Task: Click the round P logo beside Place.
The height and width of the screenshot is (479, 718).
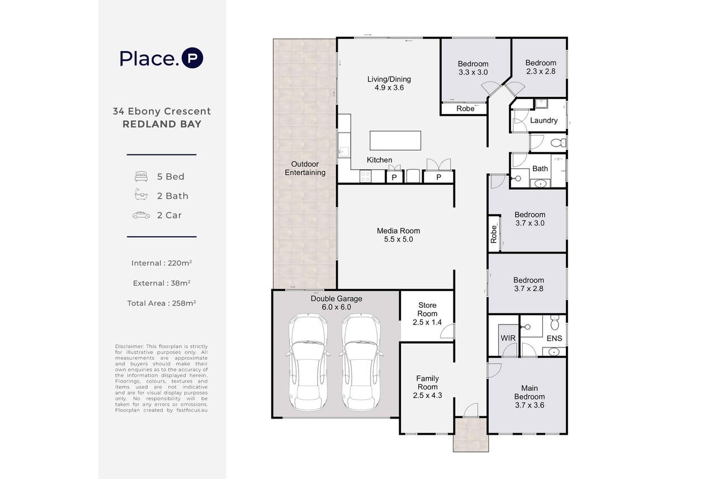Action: point(192,58)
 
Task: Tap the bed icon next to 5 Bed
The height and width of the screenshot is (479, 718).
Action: point(141,176)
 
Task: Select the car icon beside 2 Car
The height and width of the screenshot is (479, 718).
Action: point(141,215)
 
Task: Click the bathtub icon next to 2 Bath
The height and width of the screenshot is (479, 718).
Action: point(141,194)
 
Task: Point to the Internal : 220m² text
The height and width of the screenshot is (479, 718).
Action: point(162,263)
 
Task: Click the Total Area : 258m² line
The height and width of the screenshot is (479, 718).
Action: point(162,303)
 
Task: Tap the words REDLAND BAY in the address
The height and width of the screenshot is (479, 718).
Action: point(162,124)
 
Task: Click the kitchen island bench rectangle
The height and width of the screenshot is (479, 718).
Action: point(395,140)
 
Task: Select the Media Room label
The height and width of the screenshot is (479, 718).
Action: point(399,235)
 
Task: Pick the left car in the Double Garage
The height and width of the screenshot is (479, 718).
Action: point(308,362)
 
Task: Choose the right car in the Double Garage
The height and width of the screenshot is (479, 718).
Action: point(361,362)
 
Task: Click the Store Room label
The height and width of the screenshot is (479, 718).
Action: point(427,314)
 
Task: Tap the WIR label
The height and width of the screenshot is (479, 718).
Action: point(508,338)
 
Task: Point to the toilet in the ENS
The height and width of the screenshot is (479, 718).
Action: point(555,323)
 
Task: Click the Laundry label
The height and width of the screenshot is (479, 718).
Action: point(544,121)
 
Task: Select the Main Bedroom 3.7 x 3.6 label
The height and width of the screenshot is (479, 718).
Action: point(530,397)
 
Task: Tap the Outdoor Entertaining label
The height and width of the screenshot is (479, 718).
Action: point(305,168)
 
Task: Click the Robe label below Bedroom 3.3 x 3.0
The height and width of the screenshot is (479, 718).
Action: point(465,109)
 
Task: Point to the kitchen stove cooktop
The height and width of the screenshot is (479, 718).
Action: point(365,176)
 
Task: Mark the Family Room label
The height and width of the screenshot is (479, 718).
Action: point(427,387)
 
